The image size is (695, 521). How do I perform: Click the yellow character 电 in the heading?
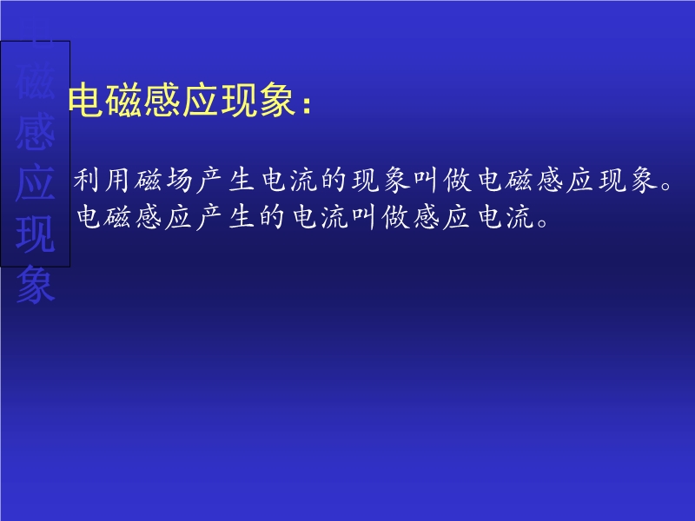pyautogui.click(x=86, y=101)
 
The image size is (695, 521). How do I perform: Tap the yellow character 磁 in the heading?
pyautogui.click(x=124, y=101)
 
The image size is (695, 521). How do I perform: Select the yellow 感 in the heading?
pyautogui.click(x=162, y=101)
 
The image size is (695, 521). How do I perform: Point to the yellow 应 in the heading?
pyautogui.click(x=201, y=101)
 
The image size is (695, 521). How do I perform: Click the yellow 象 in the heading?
pyautogui.click(x=277, y=101)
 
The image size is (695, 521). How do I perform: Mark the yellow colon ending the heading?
pyautogui.click(x=307, y=105)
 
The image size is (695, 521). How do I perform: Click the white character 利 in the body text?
pyautogui.click(x=86, y=180)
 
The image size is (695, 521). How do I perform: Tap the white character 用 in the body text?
pyautogui.click(x=117, y=180)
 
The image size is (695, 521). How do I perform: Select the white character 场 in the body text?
pyautogui.click(x=179, y=180)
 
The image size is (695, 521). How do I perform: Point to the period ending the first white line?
pyautogui.click(x=665, y=186)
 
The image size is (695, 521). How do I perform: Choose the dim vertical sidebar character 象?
pyautogui.click(x=36, y=285)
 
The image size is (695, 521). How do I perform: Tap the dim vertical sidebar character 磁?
pyautogui.click(x=36, y=81)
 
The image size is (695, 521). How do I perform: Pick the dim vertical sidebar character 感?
pyautogui.click(x=36, y=132)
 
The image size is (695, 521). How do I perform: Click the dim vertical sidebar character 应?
pyautogui.click(x=36, y=182)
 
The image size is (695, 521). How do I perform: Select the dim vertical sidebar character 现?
pyautogui.click(x=36, y=234)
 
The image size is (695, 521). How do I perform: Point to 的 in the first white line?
pyautogui.click(x=334, y=180)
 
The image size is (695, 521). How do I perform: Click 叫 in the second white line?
pyautogui.click(x=364, y=217)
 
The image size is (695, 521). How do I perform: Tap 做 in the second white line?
pyautogui.click(x=395, y=217)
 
